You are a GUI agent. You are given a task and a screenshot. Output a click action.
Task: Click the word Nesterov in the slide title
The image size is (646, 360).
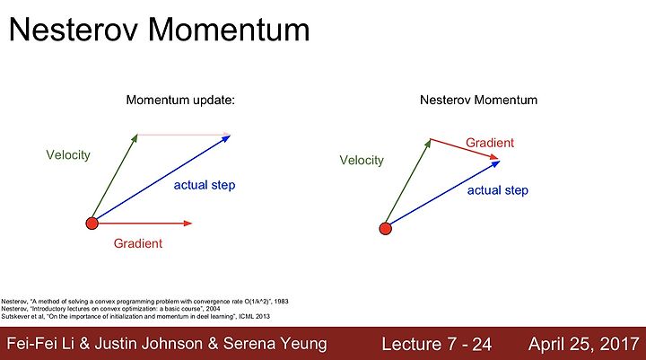[73, 30]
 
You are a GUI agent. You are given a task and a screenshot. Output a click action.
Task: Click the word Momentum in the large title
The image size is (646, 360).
[229, 30]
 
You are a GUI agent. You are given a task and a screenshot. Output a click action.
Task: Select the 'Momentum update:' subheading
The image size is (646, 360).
[180, 101]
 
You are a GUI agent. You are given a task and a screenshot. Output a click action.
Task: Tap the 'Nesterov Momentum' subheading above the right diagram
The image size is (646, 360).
[479, 100]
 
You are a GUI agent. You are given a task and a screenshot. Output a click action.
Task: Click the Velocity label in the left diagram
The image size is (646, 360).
[68, 155]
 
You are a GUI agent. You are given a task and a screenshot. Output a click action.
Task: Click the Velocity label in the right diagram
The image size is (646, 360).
[362, 160]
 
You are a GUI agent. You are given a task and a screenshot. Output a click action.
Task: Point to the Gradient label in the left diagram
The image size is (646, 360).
[138, 243]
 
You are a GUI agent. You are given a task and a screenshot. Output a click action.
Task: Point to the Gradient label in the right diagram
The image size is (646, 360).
[490, 143]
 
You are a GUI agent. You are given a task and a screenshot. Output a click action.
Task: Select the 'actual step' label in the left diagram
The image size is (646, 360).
[205, 185]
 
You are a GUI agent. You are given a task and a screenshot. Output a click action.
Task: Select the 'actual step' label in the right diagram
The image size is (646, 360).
[498, 190]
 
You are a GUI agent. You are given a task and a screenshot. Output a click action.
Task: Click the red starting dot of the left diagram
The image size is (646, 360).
[92, 224]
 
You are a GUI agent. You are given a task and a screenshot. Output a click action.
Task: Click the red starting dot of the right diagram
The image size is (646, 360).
[385, 228]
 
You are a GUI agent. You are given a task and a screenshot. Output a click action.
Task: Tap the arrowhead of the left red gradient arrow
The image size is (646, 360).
[188, 224]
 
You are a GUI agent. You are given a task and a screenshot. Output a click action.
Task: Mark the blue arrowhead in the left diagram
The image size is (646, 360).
[226, 138]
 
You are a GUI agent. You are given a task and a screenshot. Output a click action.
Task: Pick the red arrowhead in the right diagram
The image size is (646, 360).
[494, 157]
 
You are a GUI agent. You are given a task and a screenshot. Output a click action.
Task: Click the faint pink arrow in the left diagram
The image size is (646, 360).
[184, 134]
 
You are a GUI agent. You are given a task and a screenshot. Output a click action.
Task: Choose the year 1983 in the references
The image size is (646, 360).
[281, 302]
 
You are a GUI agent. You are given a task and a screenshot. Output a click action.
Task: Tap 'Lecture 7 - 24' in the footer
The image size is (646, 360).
[437, 344]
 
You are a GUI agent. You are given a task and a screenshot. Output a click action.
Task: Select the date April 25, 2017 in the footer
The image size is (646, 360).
[584, 344]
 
